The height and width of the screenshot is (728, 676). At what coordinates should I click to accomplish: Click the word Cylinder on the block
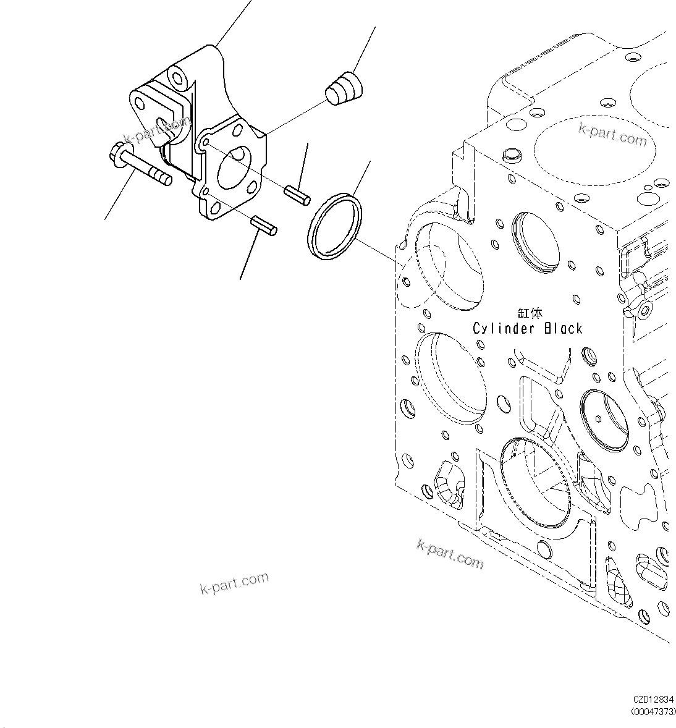502,329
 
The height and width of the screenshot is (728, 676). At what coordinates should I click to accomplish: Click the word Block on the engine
563,329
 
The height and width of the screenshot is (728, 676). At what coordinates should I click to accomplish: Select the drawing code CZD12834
654,700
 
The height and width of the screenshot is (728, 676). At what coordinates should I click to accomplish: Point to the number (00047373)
653,712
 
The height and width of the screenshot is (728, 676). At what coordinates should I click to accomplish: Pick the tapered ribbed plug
344,88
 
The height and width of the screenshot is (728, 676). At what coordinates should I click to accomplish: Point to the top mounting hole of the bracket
178,78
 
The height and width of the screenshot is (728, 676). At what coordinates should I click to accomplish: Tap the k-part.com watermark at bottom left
235,582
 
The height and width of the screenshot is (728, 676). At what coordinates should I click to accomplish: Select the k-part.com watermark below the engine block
450,552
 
